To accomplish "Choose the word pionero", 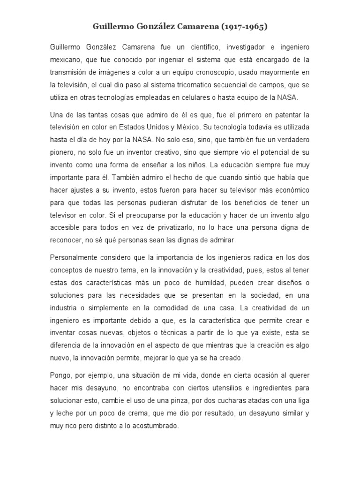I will [62, 152].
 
